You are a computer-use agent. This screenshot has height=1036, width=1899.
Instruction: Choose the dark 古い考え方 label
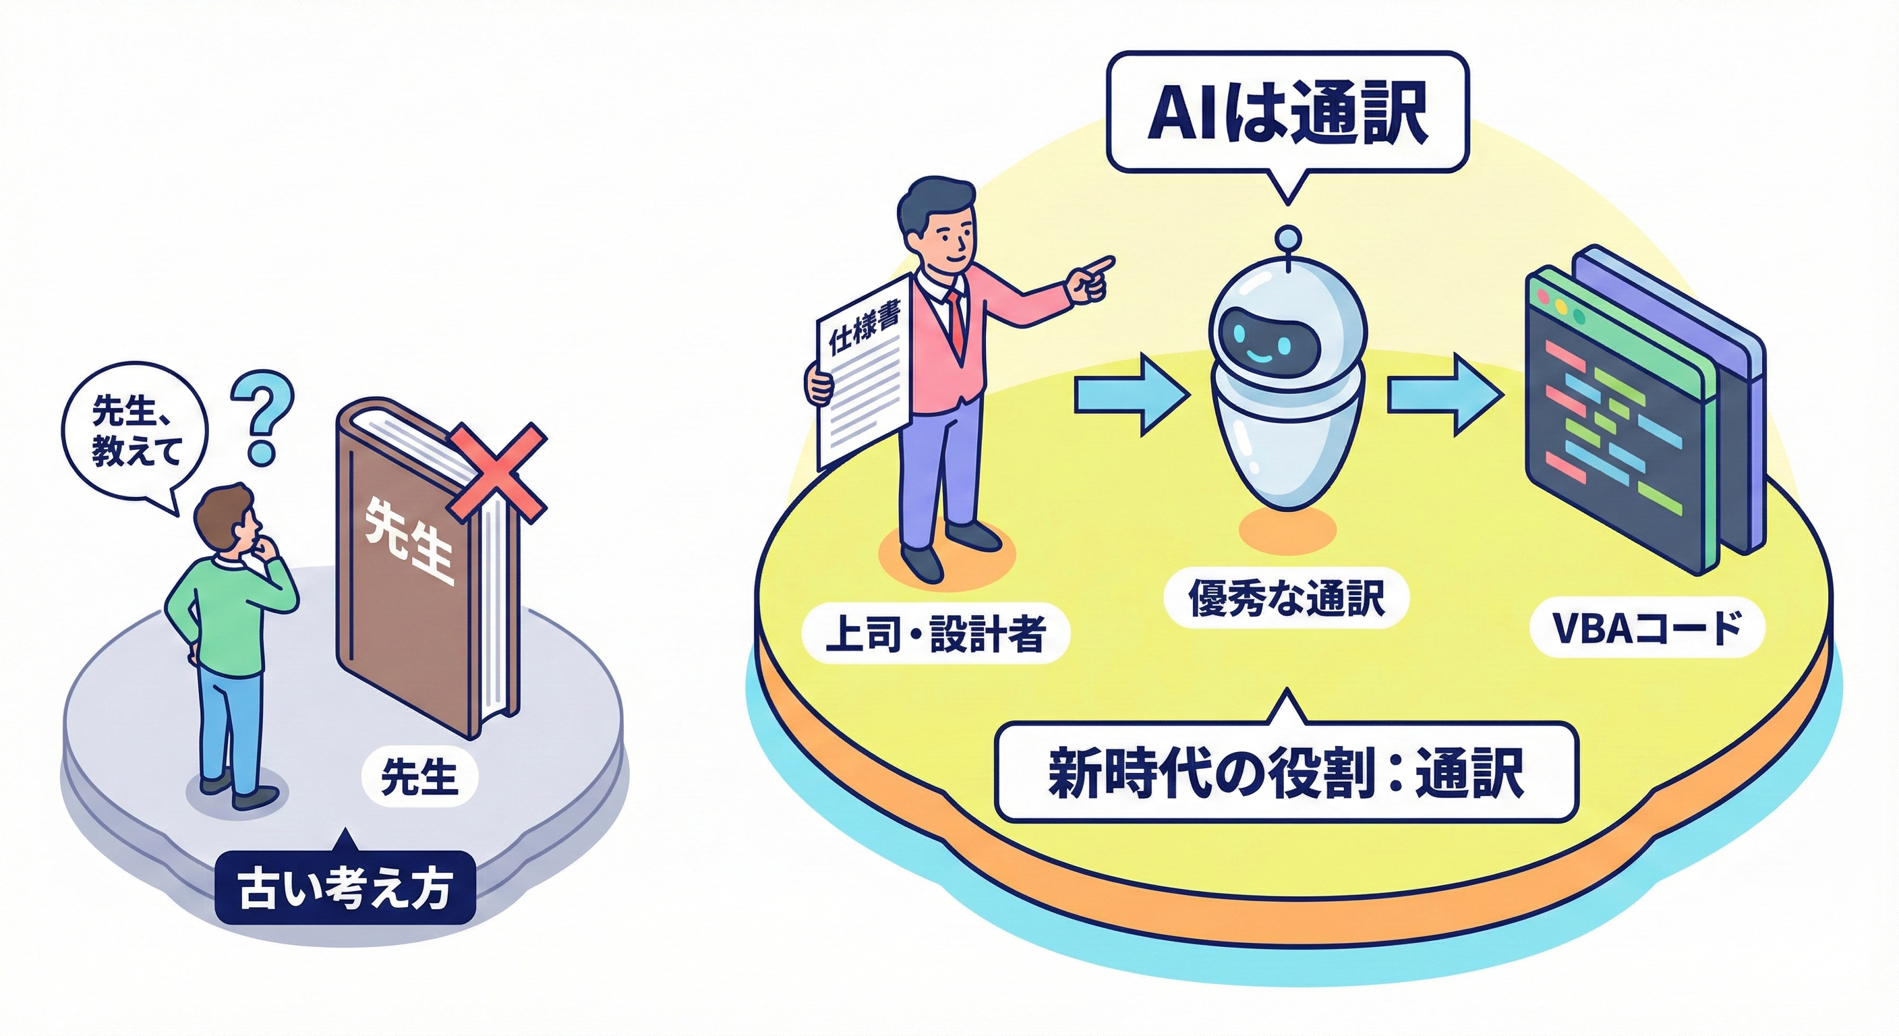pos(345,888)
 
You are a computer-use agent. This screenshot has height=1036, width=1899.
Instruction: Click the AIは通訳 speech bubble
pos(1287,113)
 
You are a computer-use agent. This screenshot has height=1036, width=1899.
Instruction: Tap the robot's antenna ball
pos(1288,237)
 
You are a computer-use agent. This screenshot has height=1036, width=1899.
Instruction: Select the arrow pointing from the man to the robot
pos(1131,394)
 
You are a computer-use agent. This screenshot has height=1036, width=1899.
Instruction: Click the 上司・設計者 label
pos(934,633)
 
